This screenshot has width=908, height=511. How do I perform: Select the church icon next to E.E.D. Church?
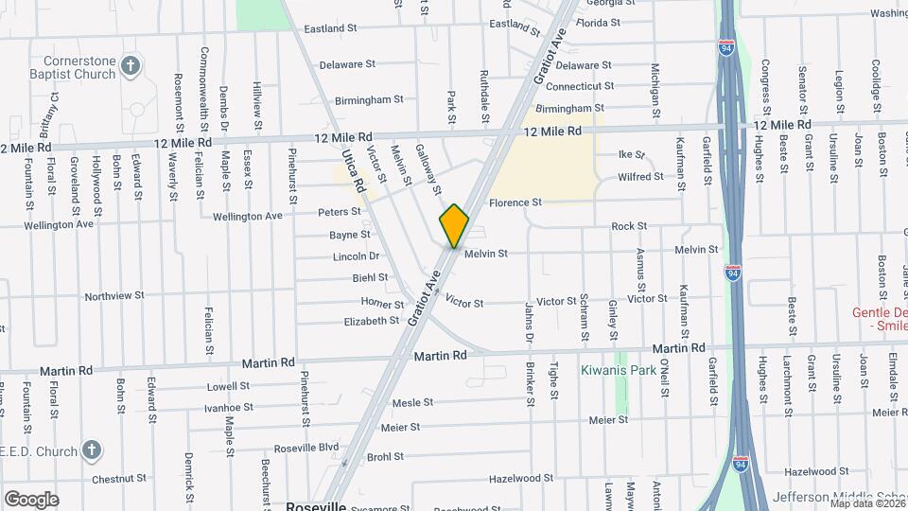pyautogui.click(x=92, y=449)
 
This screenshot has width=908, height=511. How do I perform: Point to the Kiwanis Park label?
pyautogui.click(x=618, y=369)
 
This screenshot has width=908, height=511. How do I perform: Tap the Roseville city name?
pyautogui.click(x=315, y=506)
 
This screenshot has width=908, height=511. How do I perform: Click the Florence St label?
pyautogui.click(x=515, y=203)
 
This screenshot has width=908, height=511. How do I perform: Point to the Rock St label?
pyautogui.click(x=629, y=226)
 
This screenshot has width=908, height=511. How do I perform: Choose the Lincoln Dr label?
pyautogui.click(x=356, y=256)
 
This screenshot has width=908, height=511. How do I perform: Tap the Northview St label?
pyautogui.click(x=113, y=296)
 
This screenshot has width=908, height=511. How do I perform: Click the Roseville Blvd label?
pyautogui.click(x=306, y=448)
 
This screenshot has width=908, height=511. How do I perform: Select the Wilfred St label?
pyautogui.click(x=640, y=177)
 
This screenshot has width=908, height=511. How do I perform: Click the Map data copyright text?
pyautogui.click(x=865, y=503)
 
